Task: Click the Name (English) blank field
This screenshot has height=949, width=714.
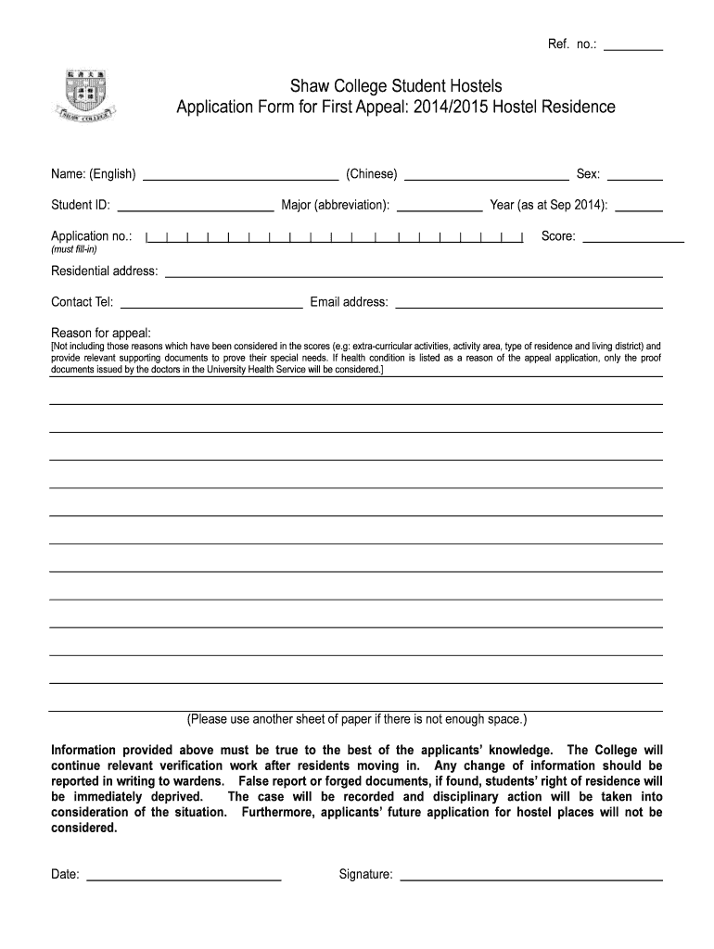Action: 240,175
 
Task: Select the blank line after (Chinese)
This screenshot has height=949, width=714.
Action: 487,175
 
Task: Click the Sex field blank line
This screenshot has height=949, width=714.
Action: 634,175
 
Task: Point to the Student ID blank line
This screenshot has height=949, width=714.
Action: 196,206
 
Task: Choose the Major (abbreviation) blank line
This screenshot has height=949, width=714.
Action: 440,206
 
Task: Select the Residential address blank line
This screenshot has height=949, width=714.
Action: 414,273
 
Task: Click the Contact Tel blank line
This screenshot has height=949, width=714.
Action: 211,303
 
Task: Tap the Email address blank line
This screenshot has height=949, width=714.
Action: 529,303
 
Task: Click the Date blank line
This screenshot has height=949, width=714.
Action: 184,875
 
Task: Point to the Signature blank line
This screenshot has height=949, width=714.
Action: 530,875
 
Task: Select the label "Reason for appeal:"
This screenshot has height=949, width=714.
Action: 101,332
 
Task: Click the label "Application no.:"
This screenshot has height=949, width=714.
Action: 92,236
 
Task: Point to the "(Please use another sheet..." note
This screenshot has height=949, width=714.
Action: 356,719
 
